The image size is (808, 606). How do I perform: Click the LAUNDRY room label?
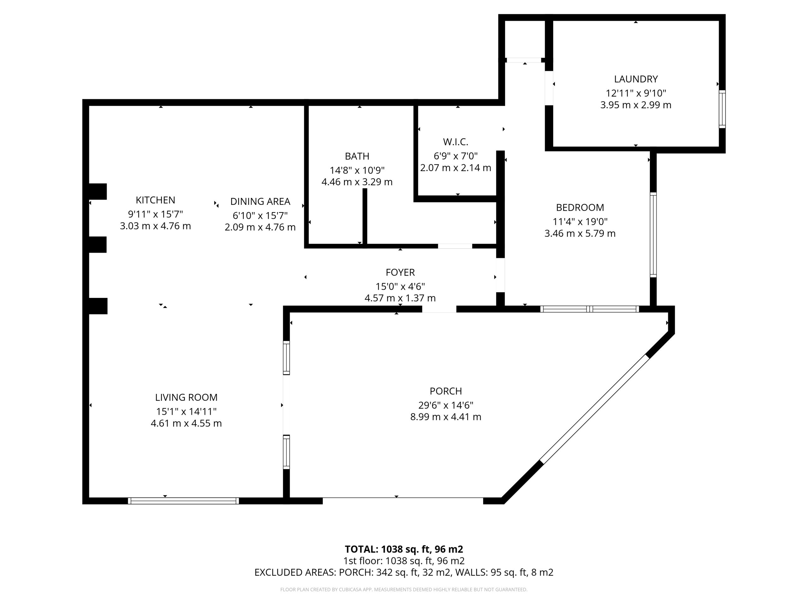click(636, 79)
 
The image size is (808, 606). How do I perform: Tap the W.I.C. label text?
click(455, 142)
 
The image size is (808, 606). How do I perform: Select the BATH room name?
click(357, 156)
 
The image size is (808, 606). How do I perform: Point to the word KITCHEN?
click(155, 200)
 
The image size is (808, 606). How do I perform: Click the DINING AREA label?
click(260, 202)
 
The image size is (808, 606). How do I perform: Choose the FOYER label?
click(400, 272)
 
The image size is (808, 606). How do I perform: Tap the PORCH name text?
click(446, 391)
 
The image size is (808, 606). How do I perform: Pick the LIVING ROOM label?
click(186, 397)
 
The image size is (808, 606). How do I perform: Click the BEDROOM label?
click(580, 207)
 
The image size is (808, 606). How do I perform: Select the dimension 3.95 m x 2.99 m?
click(636, 105)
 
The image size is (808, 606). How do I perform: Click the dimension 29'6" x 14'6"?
click(446, 405)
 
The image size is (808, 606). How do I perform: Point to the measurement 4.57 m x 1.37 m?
click(400, 298)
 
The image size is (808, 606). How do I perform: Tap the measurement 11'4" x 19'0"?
click(580, 221)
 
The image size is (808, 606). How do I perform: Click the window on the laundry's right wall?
click(722, 109)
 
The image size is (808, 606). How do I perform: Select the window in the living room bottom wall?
click(183, 501)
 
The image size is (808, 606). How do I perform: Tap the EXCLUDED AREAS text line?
click(404, 573)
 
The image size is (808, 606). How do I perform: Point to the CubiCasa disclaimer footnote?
click(404, 590)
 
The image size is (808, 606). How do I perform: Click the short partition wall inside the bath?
click(365, 217)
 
